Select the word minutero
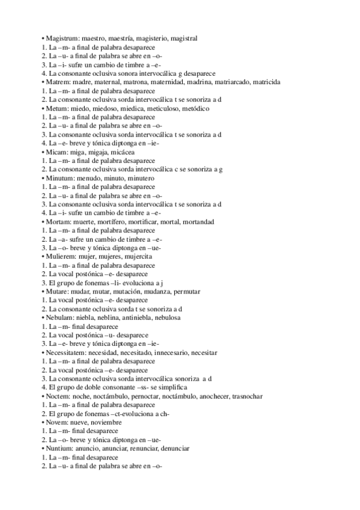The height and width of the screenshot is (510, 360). point(141,179)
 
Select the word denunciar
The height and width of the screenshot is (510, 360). point(172,449)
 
